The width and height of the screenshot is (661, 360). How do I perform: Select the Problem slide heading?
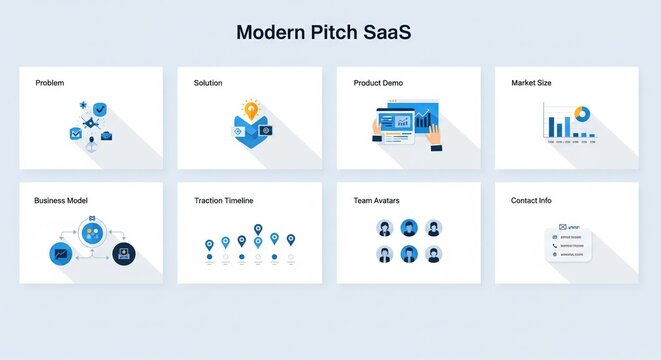point(49,83)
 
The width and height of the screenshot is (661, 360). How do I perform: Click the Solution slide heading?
point(208,83)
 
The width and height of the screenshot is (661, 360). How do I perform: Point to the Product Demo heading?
point(378,83)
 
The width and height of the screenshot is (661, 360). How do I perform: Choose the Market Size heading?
point(531,83)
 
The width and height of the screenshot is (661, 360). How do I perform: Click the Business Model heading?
point(61,201)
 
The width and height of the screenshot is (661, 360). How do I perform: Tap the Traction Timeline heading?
point(223,201)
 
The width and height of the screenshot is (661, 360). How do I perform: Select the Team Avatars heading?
point(376,201)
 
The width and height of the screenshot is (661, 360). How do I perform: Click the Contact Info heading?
point(531,201)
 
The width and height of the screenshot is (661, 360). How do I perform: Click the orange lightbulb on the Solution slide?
point(250,109)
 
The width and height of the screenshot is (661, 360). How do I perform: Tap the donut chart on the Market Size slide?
point(581,115)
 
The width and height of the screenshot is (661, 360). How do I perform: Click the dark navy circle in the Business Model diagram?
point(123,254)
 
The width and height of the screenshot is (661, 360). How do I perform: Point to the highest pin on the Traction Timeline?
point(258,231)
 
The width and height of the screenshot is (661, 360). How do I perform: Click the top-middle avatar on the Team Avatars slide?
point(408,228)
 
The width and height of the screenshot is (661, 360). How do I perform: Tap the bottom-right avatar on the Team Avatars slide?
point(433,254)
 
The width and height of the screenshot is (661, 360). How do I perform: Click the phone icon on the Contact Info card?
point(555,245)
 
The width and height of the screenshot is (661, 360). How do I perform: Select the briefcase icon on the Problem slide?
point(106,135)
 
